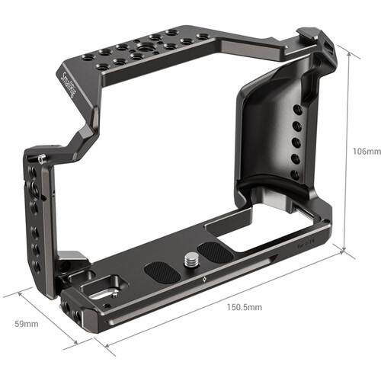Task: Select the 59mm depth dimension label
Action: coord(29,324)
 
